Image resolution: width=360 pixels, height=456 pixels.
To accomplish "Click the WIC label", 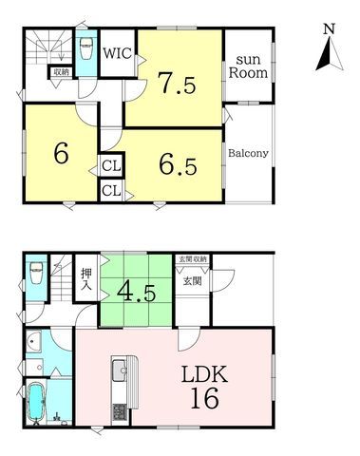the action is coord(118,53).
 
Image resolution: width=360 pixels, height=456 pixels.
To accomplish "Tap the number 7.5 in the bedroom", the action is coord(177,84).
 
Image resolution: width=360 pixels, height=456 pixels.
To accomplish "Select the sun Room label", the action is coord(248,66).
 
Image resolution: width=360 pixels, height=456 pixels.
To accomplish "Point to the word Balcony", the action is coord(248,153).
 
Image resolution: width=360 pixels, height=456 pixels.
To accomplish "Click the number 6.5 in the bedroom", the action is coord(178,165).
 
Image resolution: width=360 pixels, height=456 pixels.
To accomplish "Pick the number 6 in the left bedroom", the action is coord(61,154).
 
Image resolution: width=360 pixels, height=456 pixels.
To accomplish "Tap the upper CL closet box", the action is coord(111,166).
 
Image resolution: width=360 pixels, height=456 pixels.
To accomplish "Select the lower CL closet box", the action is coord(111,191).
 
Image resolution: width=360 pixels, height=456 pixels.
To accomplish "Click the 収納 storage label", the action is coord(61,72).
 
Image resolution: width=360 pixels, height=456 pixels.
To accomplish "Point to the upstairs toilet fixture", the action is coord(86,48).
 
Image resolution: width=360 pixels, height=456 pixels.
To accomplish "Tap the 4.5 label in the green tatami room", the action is coord(136,293).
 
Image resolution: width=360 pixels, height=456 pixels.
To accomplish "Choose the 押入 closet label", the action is coord(86,279).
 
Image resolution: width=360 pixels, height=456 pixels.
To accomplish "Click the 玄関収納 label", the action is coord(193,259).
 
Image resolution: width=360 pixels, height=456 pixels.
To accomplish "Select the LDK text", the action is coord(204,375).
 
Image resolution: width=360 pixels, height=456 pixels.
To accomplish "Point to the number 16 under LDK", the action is coord(204,398).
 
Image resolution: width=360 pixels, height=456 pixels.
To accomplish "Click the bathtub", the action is coord(35,402).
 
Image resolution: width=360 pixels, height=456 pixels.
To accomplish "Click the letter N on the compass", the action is coord(330,29).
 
